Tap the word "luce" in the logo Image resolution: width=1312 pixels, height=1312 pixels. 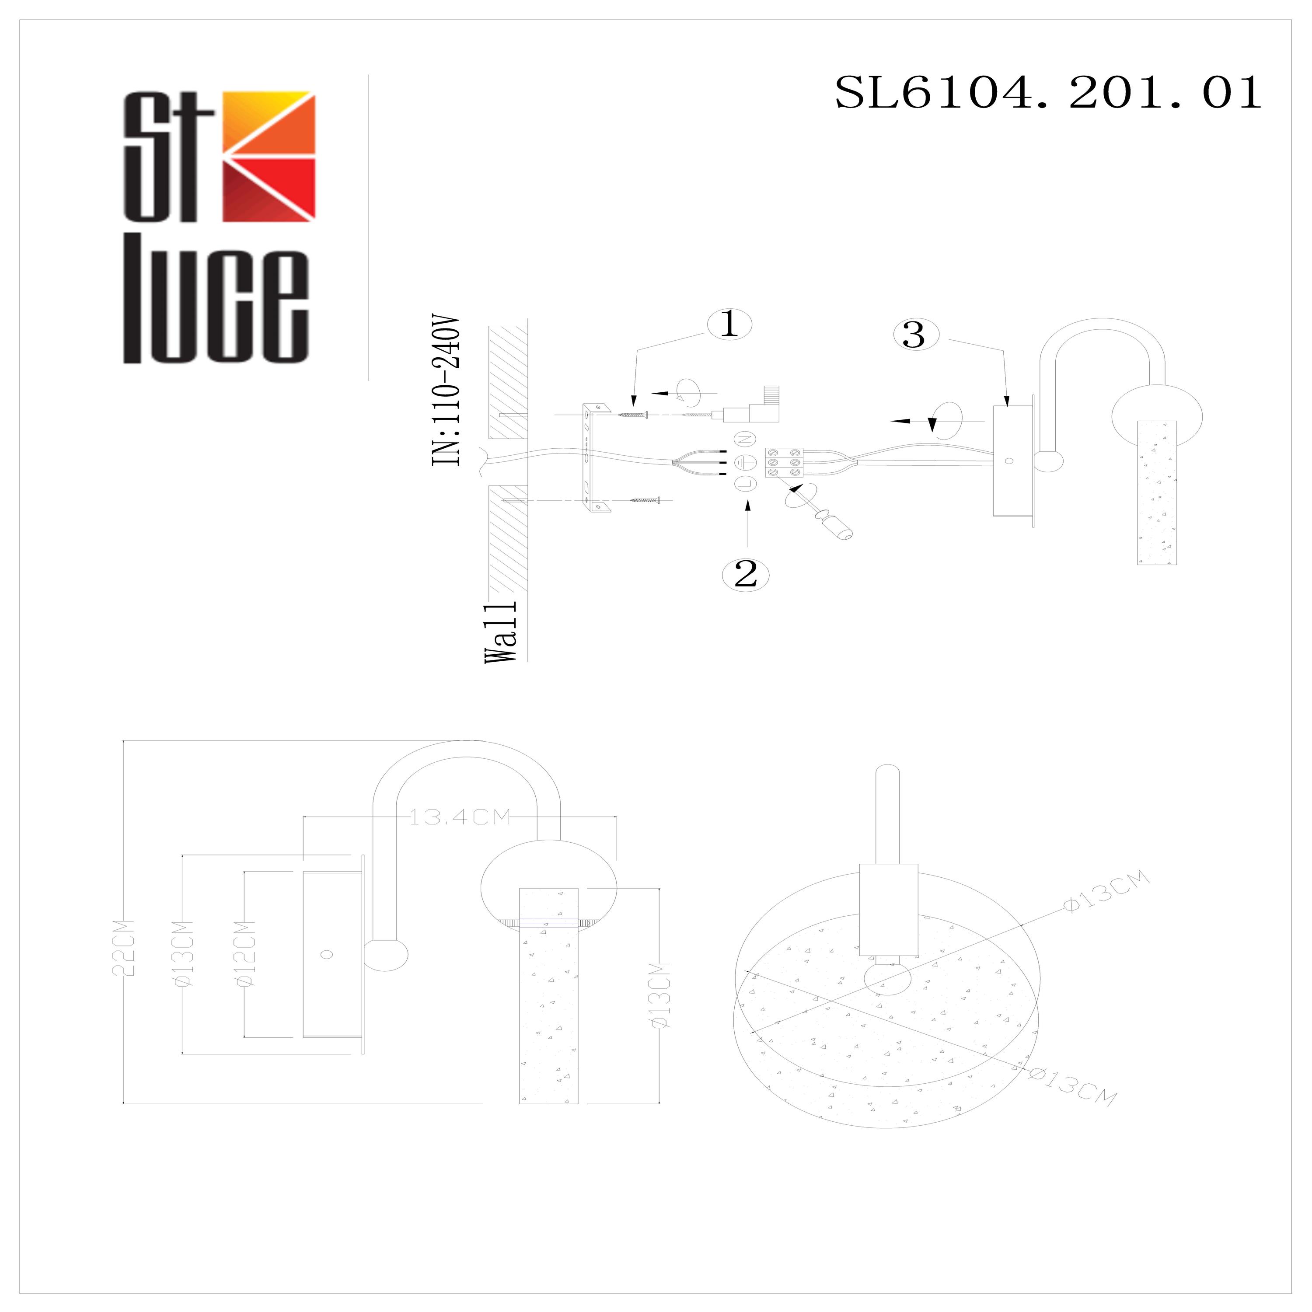[x=216, y=300]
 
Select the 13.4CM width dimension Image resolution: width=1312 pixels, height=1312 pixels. [x=459, y=817]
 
